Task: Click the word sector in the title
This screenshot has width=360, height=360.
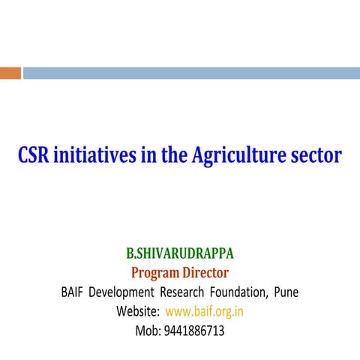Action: coord(315,155)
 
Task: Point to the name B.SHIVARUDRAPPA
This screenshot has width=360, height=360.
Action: coord(180,253)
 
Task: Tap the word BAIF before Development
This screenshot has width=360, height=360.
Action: coord(73,292)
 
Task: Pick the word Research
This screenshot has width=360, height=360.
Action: coord(186,292)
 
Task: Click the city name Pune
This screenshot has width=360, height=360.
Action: coord(286,292)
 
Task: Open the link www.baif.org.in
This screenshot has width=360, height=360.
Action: coord(204,311)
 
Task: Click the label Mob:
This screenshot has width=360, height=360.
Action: coord(148,330)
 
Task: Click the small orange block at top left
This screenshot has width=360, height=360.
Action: coord(10,73)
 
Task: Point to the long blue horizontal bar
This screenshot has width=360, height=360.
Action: coord(191,73)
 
